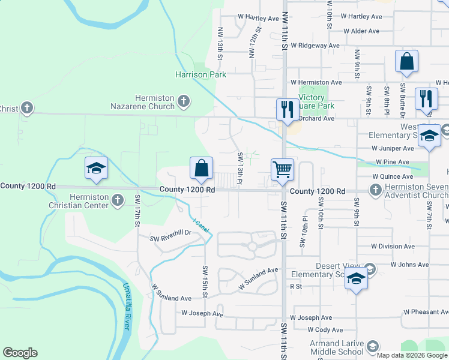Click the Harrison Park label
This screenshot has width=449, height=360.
pyautogui.click(x=200, y=75)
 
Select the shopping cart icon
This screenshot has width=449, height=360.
pyautogui.click(x=282, y=169)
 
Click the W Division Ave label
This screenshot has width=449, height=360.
pyautogui.click(x=393, y=246)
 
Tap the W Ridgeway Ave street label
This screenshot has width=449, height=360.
pyautogui.click(x=315, y=45)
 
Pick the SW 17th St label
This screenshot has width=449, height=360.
pyautogui.click(x=137, y=210)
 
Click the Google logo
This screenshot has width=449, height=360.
pyautogui.click(x=20, y=353)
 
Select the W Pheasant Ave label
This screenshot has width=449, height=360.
pyautogui.click(x=426, y=312)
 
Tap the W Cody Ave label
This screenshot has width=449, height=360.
pyautogui.click(x=325, y=329)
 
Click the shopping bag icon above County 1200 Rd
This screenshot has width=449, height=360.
pyautogui.click(x=202, y=169)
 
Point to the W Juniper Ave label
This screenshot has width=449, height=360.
pyautogui.click(x=393, y=148)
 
